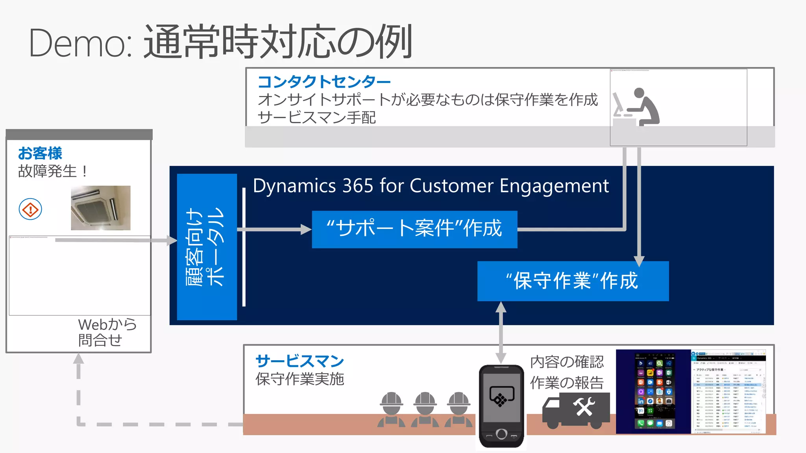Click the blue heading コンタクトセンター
(x=324, y=82)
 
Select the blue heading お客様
(x=40, y=153)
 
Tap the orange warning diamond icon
(x=30, y=210)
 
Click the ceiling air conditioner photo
(x=101, y=208)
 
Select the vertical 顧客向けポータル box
(x=207, y=247)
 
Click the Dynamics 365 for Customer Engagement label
(x=431, y=186)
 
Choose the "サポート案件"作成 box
(x=414, y=229)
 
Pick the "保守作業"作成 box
(x=573, y=281)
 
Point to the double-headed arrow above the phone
(x=501, y=332)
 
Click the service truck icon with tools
(x=575, y=411)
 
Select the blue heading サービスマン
(x=300, y=361)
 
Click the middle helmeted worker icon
(x=425, y=409)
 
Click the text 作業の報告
(x=567, y=383)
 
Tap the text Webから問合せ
(x=107, y=332)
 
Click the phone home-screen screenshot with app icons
(x=654, y=392)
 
